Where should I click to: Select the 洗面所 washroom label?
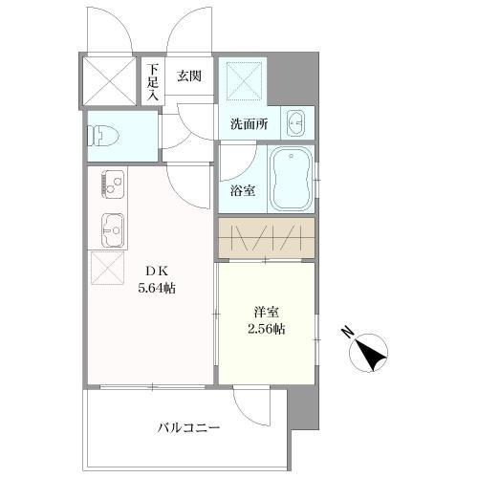point(249,122)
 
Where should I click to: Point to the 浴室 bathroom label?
point(243,189)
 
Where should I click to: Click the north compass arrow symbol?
point(371,355)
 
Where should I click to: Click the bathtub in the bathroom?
point(291,180)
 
